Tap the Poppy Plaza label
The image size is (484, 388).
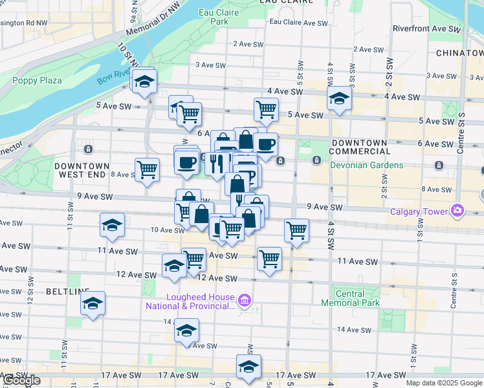[37, 80]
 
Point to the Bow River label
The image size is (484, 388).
[114, 76]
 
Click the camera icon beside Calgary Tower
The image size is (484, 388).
[458, 210]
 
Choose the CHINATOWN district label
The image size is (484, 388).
[459, 52]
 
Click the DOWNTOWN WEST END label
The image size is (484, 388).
[82, 170]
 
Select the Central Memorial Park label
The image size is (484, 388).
[350, 298]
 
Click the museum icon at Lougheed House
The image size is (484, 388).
[244, 300]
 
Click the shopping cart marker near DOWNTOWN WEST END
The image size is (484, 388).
[148, 170]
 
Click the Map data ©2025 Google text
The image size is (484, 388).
[444, 383]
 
